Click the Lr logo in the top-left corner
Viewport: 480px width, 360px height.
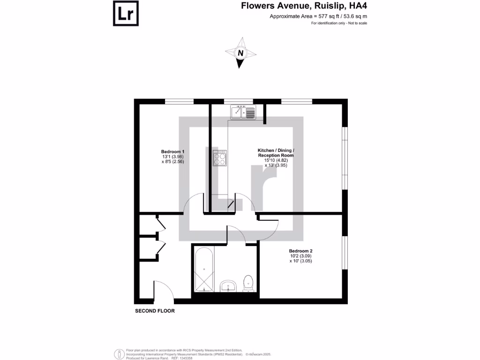click(126, 14)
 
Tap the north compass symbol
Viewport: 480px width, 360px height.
click(241, 53)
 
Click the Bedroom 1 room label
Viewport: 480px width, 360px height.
click(172, 151)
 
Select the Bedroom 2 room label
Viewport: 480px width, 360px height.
click(300, 251)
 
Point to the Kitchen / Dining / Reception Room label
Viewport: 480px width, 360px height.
click(276, 153)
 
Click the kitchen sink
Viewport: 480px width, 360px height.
click(243, 112)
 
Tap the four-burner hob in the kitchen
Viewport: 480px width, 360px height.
click(220, 158)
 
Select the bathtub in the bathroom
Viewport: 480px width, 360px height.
click(204, 269)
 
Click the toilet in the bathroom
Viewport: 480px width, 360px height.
click(248, 283)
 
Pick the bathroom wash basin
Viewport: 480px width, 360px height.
click(228, 285)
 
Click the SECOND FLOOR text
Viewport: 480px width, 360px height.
click(155, 311)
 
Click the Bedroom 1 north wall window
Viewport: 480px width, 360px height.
click(180, 101)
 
